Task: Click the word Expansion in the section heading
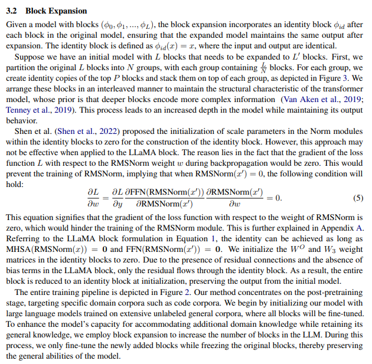(x=66, y=11)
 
